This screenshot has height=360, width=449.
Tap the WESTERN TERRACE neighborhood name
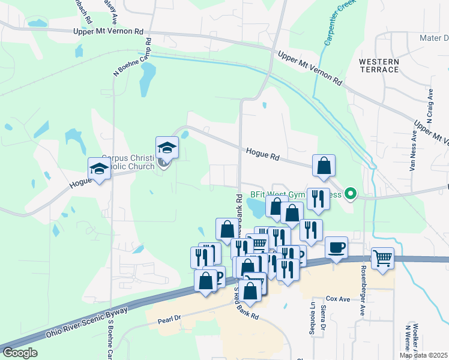pos(379,65)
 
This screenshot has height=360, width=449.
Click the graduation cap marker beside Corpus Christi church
pos(167,147)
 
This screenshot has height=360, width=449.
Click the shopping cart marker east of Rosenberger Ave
pos(382,259)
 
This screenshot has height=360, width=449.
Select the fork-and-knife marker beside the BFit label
pos(318,199)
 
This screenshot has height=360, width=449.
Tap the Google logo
pos(20,353)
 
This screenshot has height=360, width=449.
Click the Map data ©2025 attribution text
pos(423,355)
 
